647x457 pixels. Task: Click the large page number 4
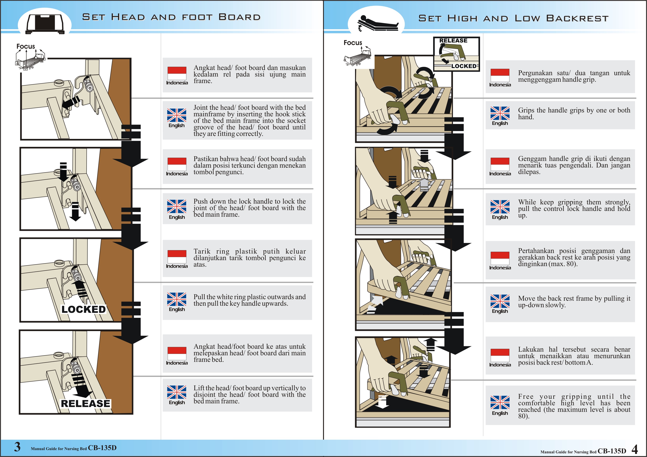[634, 449]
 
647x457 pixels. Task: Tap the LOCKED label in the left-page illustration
[83, 309]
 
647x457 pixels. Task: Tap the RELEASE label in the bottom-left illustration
[85, 403]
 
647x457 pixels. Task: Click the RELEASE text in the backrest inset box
[453, 41]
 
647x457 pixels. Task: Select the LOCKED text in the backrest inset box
[464, 66]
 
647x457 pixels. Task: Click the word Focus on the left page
[26, 46]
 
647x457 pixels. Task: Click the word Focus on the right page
[353, 43]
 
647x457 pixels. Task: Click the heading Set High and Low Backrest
[513, 18]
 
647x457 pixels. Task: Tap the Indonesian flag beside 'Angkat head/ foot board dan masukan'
[177, 73]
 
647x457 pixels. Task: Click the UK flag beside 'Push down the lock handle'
[177, 206]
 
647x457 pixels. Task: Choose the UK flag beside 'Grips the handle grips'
[500, 113]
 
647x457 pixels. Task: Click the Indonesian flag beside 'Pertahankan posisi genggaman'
[500, 258]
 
